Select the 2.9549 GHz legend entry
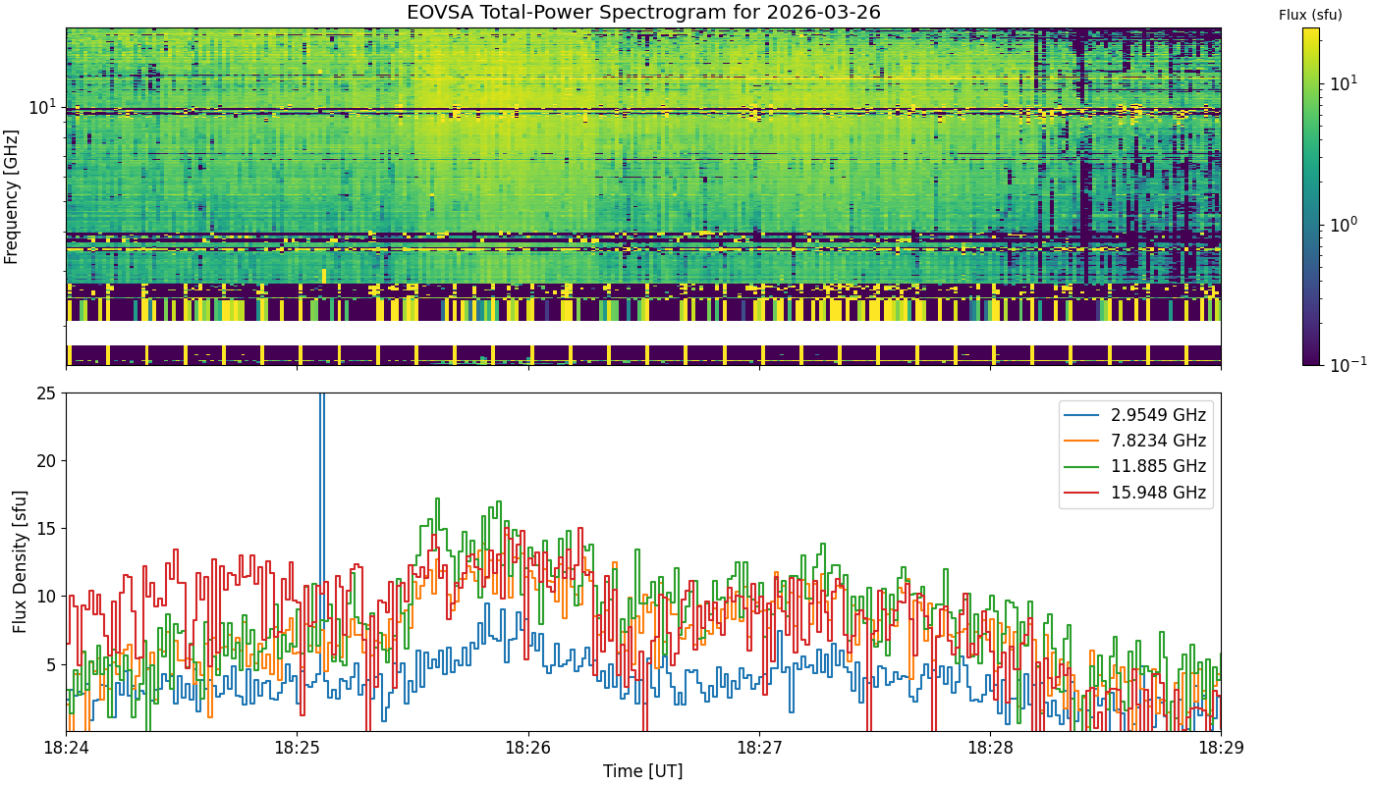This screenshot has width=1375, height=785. (x=1134, y=415)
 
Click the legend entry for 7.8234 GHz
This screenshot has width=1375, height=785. (x=1134, y=441)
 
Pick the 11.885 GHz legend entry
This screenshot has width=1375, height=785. (x=1134, y=467)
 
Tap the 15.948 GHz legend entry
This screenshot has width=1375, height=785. (x=1134, y=493)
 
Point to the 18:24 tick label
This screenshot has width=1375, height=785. (x=67, y=748)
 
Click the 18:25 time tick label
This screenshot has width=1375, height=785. (x=297, y=748)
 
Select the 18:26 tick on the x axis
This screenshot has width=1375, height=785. (x=528, y=748)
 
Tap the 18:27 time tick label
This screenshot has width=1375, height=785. (x=759, y=748)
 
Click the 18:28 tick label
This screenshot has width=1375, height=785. (x=990, y=748)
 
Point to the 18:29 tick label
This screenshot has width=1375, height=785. (x=1221, y=748)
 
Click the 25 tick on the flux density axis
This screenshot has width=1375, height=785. (x=46, y=393)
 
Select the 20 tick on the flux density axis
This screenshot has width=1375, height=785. (x=46, y=461)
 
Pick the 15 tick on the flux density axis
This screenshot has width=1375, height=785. (x=46, y=529)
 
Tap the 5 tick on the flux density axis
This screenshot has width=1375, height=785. (x=51, y=665)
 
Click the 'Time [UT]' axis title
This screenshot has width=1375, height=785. (x=642, y=771)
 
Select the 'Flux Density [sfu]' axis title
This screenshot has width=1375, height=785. (x=20, y=561)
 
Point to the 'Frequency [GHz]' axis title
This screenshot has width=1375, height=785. (x=11, y=197)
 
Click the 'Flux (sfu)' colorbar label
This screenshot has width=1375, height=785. (x=1310, y=16)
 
